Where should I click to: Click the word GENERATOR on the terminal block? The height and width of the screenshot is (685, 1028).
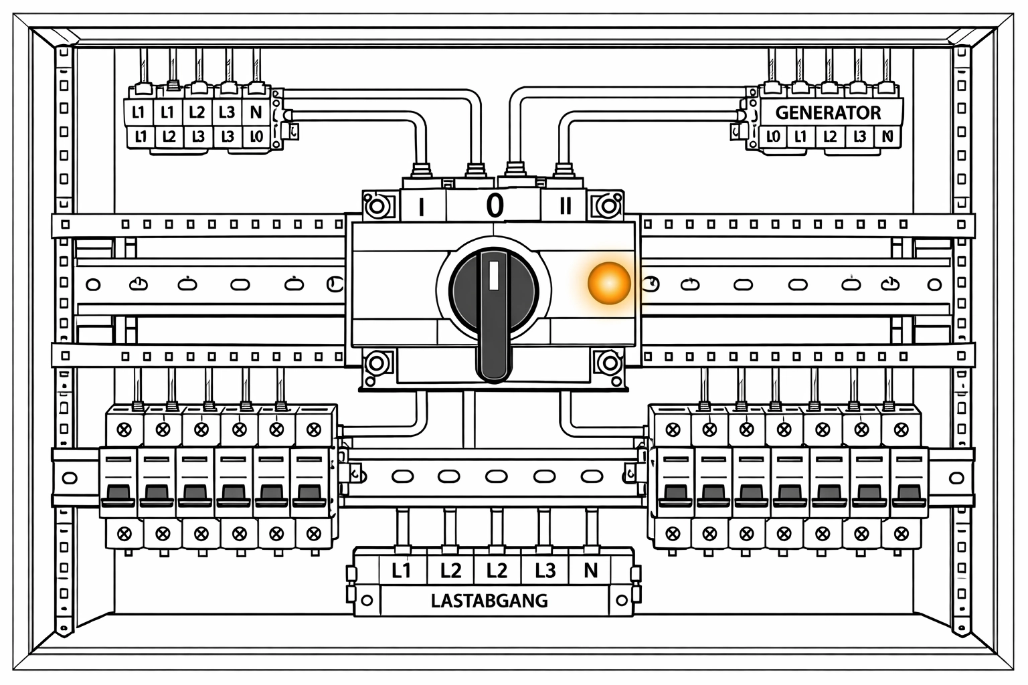[x=828, y=112]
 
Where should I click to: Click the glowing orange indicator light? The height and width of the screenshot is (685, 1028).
[x=609, y=282]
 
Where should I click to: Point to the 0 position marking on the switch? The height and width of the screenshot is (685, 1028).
[x=494, y=205]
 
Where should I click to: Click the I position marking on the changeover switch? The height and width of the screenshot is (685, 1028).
[x=421, y=207]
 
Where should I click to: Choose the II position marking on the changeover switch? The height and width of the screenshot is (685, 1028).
[x=565, y=206]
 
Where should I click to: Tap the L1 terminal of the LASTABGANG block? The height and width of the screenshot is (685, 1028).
[x=401, y=571]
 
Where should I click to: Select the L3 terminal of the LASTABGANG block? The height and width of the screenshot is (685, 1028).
[x=545, y=571]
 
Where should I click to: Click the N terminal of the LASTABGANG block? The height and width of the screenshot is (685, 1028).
[x=590, y=571]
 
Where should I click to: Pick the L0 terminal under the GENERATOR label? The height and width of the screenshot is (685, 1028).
[x=772, y=137]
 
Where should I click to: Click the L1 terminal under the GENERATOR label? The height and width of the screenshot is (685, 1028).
[x=800, y=137]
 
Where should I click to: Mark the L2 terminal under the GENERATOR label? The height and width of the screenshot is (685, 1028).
[x=829, y=137]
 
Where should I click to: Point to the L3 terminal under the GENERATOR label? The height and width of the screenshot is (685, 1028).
[x=859, y=137]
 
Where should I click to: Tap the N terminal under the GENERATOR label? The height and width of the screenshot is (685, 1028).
[x=887, y=137]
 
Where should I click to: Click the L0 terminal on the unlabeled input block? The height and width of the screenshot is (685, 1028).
[x=256, y=137]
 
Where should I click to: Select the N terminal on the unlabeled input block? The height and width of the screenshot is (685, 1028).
[x=256, y=112]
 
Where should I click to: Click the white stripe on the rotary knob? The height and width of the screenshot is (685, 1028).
[x=494, y=275]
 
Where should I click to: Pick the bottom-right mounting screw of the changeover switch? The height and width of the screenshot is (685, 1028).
[x=609, y=363]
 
